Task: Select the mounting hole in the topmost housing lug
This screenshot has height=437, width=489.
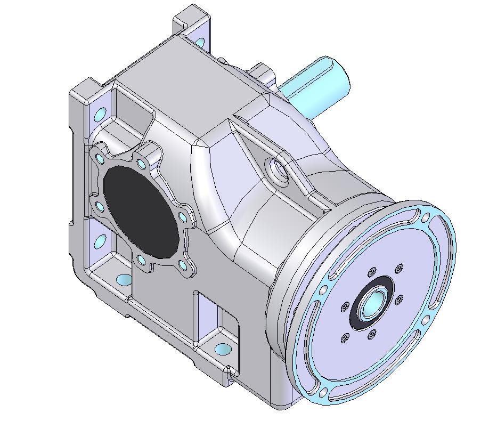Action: point(200,42)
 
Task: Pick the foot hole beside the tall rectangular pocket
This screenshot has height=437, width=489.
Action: point(223,350)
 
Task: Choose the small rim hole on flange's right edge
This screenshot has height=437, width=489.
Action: point(427,318)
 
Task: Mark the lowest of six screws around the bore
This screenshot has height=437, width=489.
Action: point(372,335)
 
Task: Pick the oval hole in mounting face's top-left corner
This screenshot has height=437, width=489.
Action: point(100,114)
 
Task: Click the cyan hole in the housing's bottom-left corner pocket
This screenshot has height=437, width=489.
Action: point(124,279)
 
